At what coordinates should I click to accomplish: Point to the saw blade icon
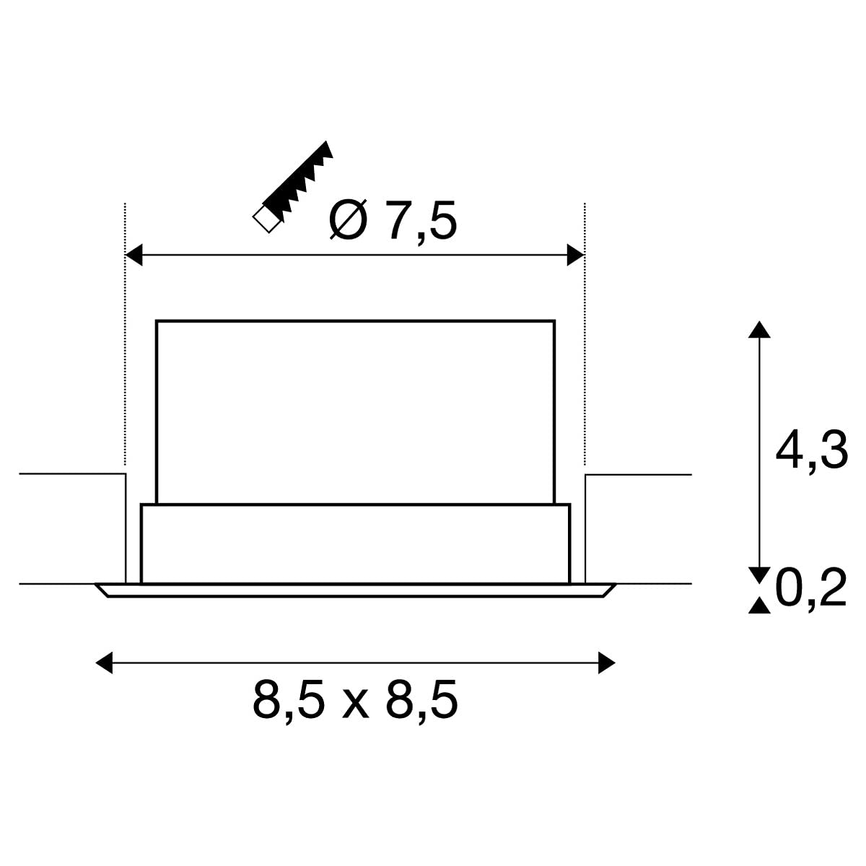(293, 186)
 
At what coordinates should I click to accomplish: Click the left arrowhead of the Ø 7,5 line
(134, 255)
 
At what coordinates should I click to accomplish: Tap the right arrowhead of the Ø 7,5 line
(576, 255)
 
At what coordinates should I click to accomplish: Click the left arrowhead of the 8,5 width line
(104, 662)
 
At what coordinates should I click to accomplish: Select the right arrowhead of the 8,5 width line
(606, 662)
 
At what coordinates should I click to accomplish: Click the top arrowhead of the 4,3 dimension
(759, 329)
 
